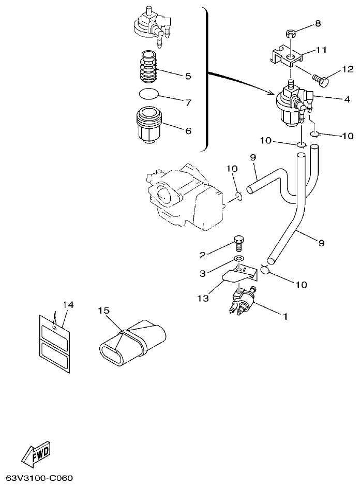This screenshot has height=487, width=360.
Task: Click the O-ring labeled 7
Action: coord(149,94)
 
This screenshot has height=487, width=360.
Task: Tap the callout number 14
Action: coord(68,304)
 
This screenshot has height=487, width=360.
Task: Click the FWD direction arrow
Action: coord(37,453)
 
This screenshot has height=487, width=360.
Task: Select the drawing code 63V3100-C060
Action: coord(40,477)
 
